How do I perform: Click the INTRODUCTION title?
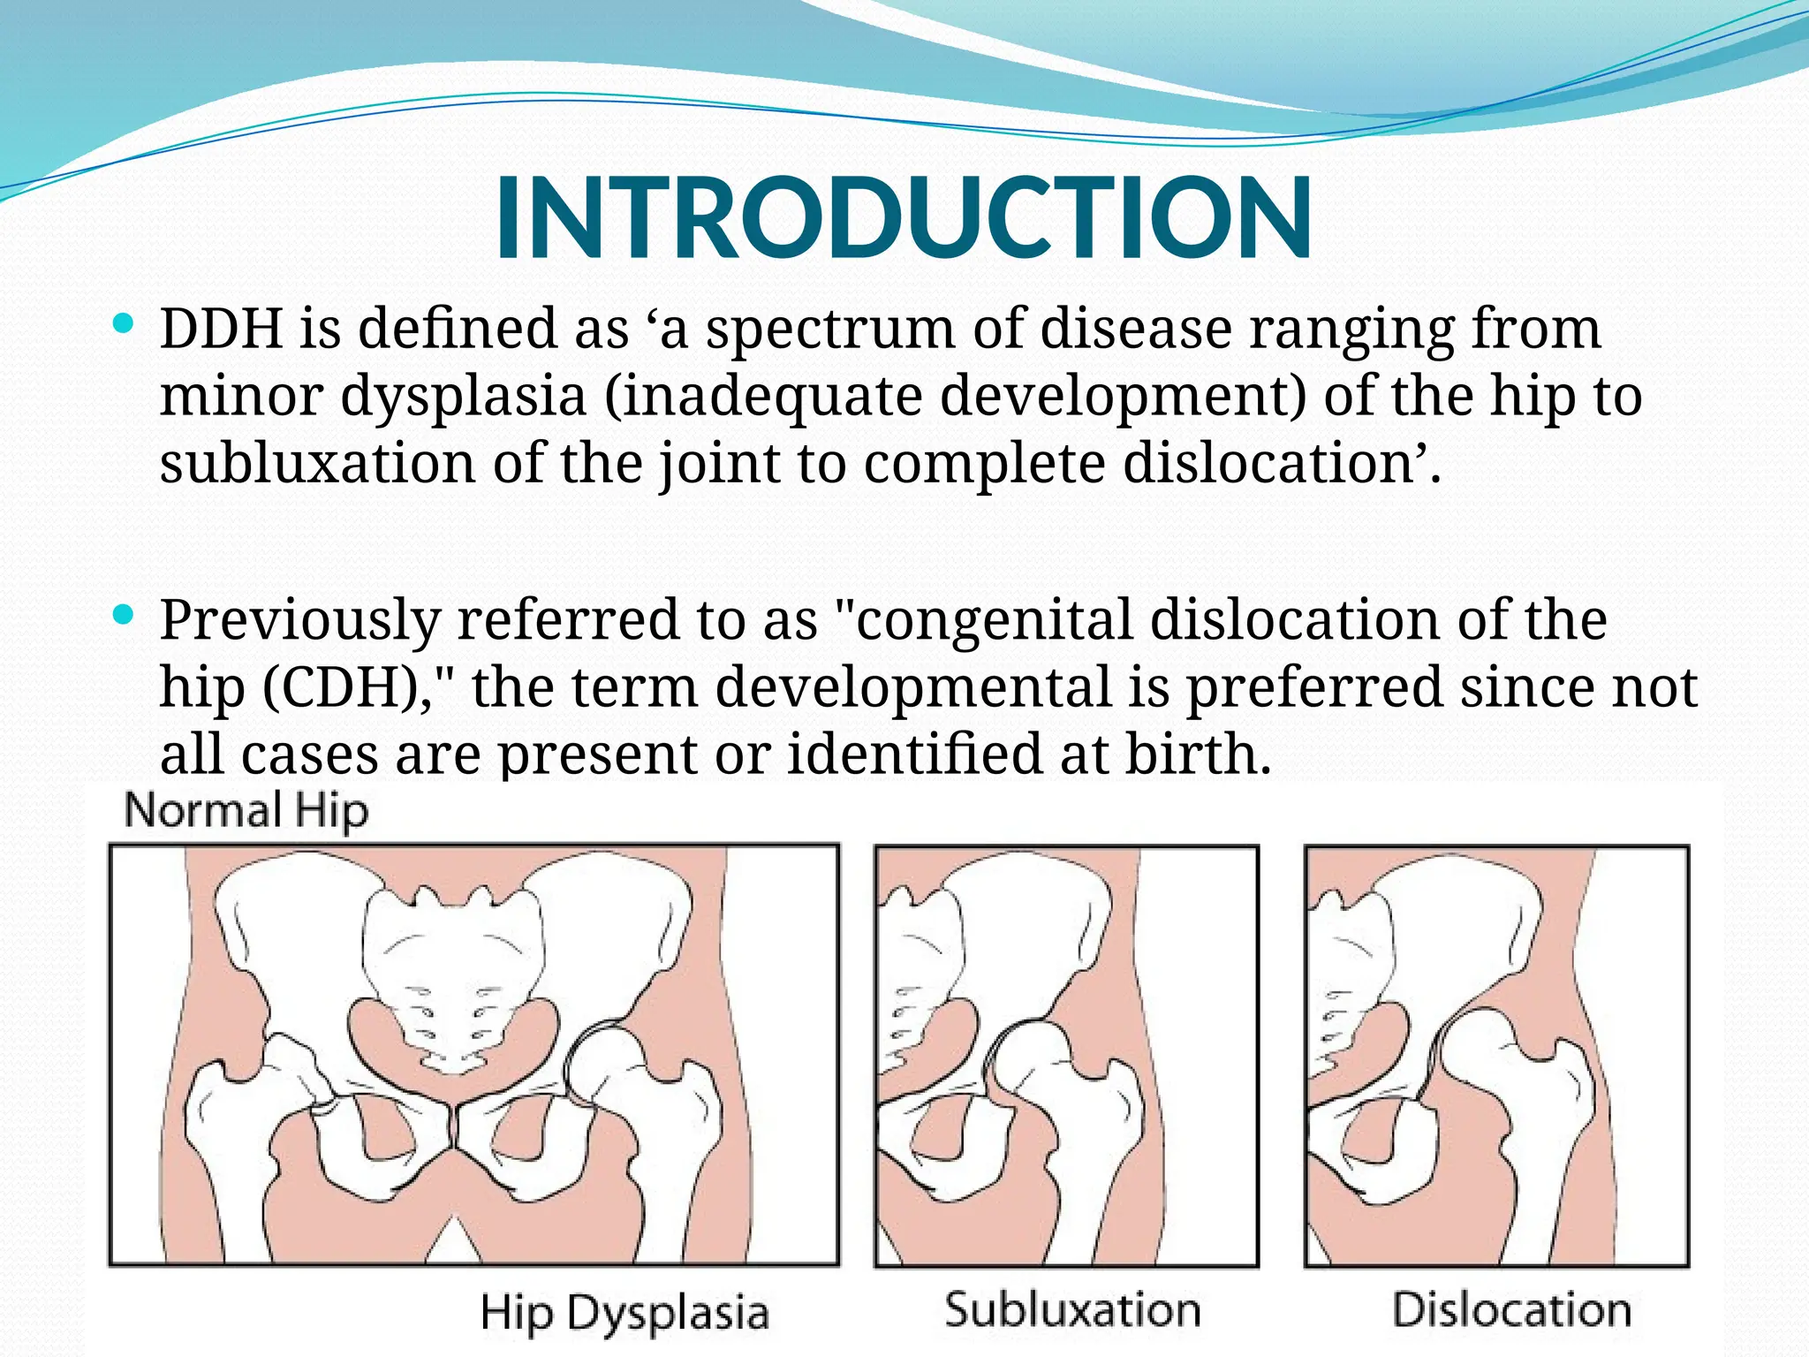[903, 219]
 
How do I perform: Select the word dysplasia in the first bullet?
[463, 398]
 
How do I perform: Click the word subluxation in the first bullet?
[318, 464]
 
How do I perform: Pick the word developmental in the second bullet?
[913, 689]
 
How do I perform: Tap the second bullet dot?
[125, 613]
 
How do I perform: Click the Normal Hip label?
[246, 811]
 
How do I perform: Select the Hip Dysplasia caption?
[624, 1312]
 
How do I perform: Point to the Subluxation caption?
[1072, 1309]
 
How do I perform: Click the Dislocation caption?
[1511, 1309]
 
